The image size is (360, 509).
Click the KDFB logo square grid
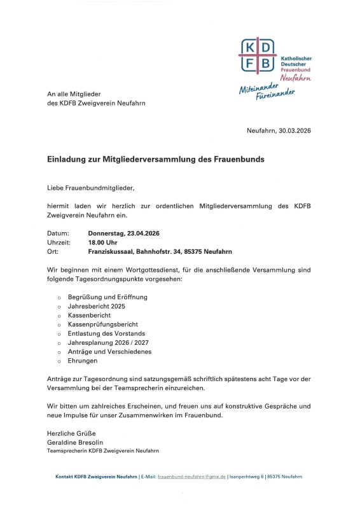tap(258, 55)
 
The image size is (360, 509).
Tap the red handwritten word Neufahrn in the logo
tap(296, 78)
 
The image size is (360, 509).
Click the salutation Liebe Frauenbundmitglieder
tap(91, 188)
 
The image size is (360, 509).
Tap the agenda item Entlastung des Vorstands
tap(106, 333)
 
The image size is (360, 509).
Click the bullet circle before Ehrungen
tap(59, 361)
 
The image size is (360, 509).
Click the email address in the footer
tap(191, 476)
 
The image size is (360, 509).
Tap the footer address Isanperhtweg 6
tap(247, 476)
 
